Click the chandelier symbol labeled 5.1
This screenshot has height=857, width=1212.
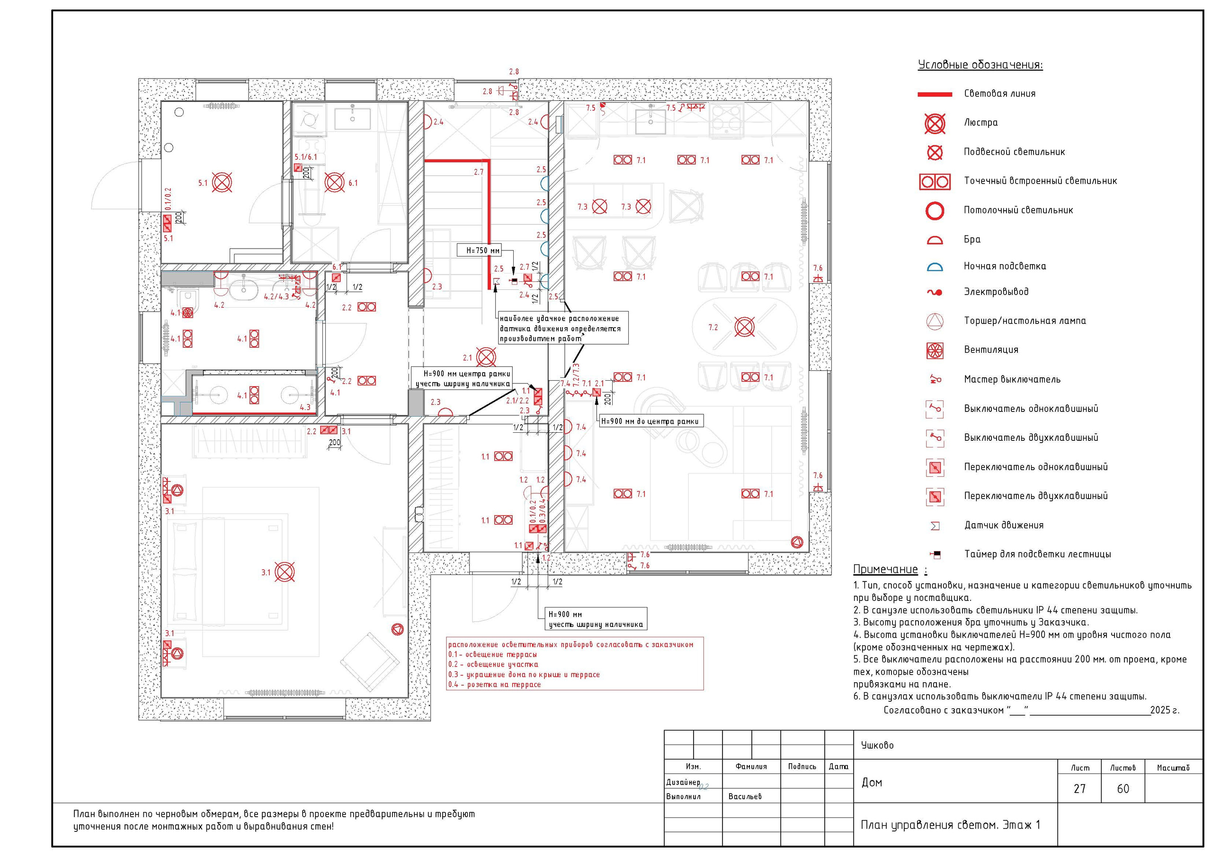click(222, 183)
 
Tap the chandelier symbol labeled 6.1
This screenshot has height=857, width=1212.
click(335, 183)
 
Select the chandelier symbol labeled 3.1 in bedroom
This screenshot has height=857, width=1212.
click(285, 572)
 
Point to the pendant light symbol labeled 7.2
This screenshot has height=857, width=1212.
click(744, 327)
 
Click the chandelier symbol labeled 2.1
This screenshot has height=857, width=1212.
click(486, 357)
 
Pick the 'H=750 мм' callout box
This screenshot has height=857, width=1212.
click(479, 250)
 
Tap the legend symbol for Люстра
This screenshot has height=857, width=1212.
click(935, 124)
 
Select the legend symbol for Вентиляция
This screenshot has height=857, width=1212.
click(935, 350)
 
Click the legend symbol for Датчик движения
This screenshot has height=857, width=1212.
click(935, 526)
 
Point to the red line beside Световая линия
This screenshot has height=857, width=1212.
click(935, 95)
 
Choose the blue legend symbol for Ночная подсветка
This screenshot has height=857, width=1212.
click(935, 267)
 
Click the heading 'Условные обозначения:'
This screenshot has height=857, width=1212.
click(980, 65)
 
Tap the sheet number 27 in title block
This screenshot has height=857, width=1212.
click(1079, 789)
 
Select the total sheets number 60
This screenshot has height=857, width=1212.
click(1123, 789)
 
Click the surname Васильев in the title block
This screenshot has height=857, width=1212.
click(745, 796)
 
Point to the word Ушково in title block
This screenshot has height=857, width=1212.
click(877, 745)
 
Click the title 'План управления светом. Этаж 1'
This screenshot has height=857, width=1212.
click(950, 825)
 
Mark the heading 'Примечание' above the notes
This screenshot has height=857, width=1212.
click(886, 569)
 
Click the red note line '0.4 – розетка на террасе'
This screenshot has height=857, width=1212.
click(495, 684)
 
